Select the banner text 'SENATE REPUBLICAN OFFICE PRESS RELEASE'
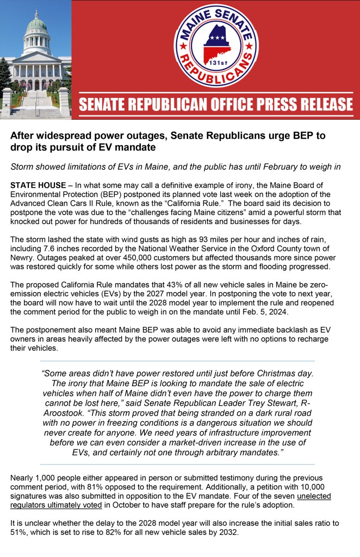pyautogui.click(x=215, y=103)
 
